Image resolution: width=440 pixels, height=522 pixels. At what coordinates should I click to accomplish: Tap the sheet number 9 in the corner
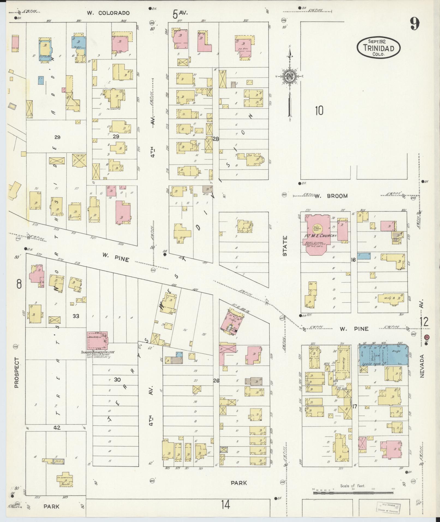[414, 24]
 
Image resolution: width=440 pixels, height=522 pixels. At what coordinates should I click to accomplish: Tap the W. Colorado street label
[108, 13]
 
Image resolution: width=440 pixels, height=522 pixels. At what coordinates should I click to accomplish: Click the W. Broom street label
[331, 196]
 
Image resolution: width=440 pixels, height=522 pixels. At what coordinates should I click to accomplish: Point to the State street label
[285, 246]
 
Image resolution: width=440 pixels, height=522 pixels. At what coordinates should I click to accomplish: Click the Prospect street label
[16, 372]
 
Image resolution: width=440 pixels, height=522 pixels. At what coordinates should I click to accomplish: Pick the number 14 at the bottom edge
[225, 505]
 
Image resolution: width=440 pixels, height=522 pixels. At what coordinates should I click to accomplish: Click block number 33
[76, 316]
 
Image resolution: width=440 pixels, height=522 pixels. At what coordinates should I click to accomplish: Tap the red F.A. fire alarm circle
[427, 337]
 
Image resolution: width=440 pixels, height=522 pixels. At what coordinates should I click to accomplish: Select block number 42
[57, 428]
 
